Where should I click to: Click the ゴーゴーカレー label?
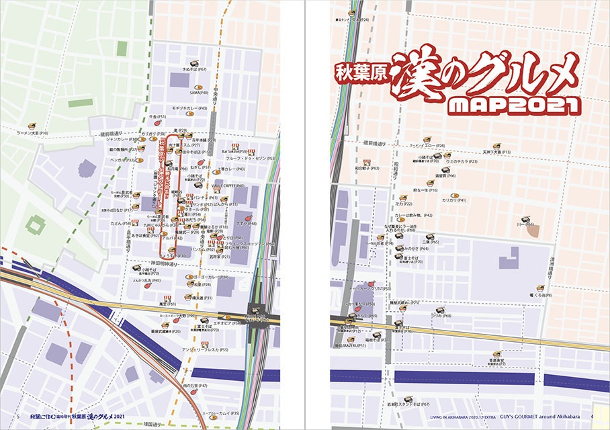coord(214,277)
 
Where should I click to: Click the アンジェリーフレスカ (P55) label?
coord(210,350)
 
